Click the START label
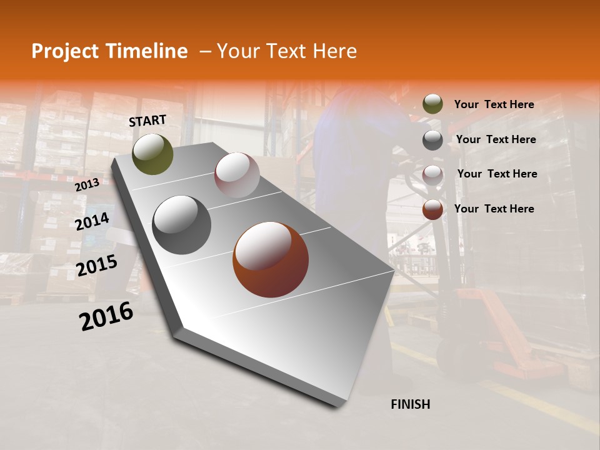147,121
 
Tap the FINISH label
411,404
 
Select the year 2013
87,185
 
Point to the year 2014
92,222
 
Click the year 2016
106,316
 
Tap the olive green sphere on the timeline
152,154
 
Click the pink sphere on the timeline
237,176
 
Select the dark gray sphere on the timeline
182,225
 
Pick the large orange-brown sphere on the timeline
271,259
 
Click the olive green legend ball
432,104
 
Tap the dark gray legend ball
432,140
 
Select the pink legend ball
432,175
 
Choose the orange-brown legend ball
432,209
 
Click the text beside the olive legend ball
494,104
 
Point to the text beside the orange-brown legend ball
494,209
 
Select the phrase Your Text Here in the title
287,51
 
